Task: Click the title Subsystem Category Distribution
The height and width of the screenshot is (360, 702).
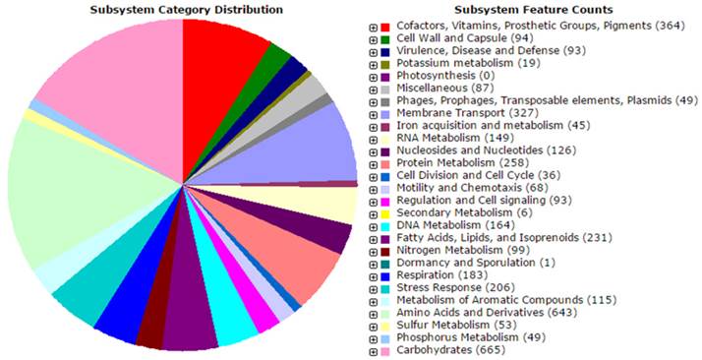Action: pos(181,10)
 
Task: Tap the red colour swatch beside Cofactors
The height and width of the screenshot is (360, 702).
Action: pos(386,26)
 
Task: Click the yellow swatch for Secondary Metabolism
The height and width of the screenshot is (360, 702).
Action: pos(386,211)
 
